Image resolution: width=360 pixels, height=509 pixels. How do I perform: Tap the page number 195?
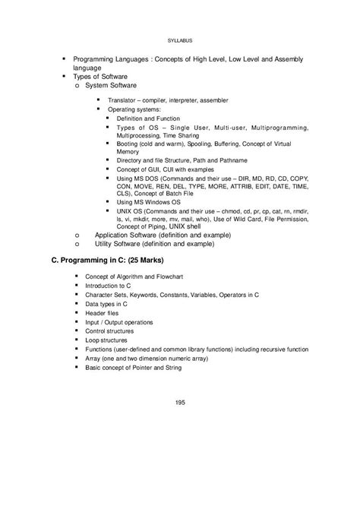[x=179, y=402]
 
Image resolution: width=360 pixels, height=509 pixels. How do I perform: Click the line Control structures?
[x=120, y=330]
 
